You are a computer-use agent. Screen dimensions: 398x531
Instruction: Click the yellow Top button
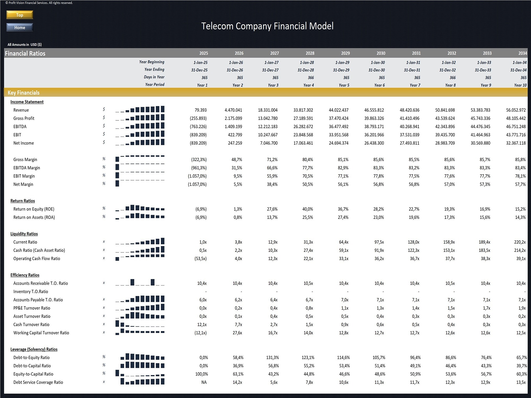click(x=20, y=15)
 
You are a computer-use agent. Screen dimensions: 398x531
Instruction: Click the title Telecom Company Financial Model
click(x=267, y=26)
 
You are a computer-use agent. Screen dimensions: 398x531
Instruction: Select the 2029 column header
click(x=345, y=53)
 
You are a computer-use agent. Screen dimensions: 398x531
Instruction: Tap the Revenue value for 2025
click(x=200, y=110)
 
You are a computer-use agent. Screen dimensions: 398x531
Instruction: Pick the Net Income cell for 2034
click(x=516, y=143)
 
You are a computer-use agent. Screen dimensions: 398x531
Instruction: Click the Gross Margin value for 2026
click(x=237, y=159)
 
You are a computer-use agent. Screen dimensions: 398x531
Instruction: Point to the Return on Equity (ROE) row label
click(x=34, y=209)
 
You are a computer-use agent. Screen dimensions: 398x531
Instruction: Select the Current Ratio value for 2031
click(x=413, y=242)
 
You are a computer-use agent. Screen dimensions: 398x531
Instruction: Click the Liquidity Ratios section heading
click(x=24, y=234)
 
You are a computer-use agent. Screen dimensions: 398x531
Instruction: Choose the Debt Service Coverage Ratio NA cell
click(x=204, y=382)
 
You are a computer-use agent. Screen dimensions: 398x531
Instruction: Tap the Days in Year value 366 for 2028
click(x=311, y=77)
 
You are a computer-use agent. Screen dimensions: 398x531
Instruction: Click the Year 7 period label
click(x=415, y=85)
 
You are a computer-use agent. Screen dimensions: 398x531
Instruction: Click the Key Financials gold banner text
click(x=24, y=93)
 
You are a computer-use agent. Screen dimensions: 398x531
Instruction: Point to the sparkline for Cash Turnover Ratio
click(x=140, y=324)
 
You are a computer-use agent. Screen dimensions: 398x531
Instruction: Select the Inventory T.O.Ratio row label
click(x=31, y=292)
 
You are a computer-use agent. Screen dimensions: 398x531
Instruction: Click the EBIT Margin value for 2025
click(x=197, y=176)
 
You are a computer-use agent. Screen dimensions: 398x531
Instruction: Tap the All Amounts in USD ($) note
click(x=24, y=45)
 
